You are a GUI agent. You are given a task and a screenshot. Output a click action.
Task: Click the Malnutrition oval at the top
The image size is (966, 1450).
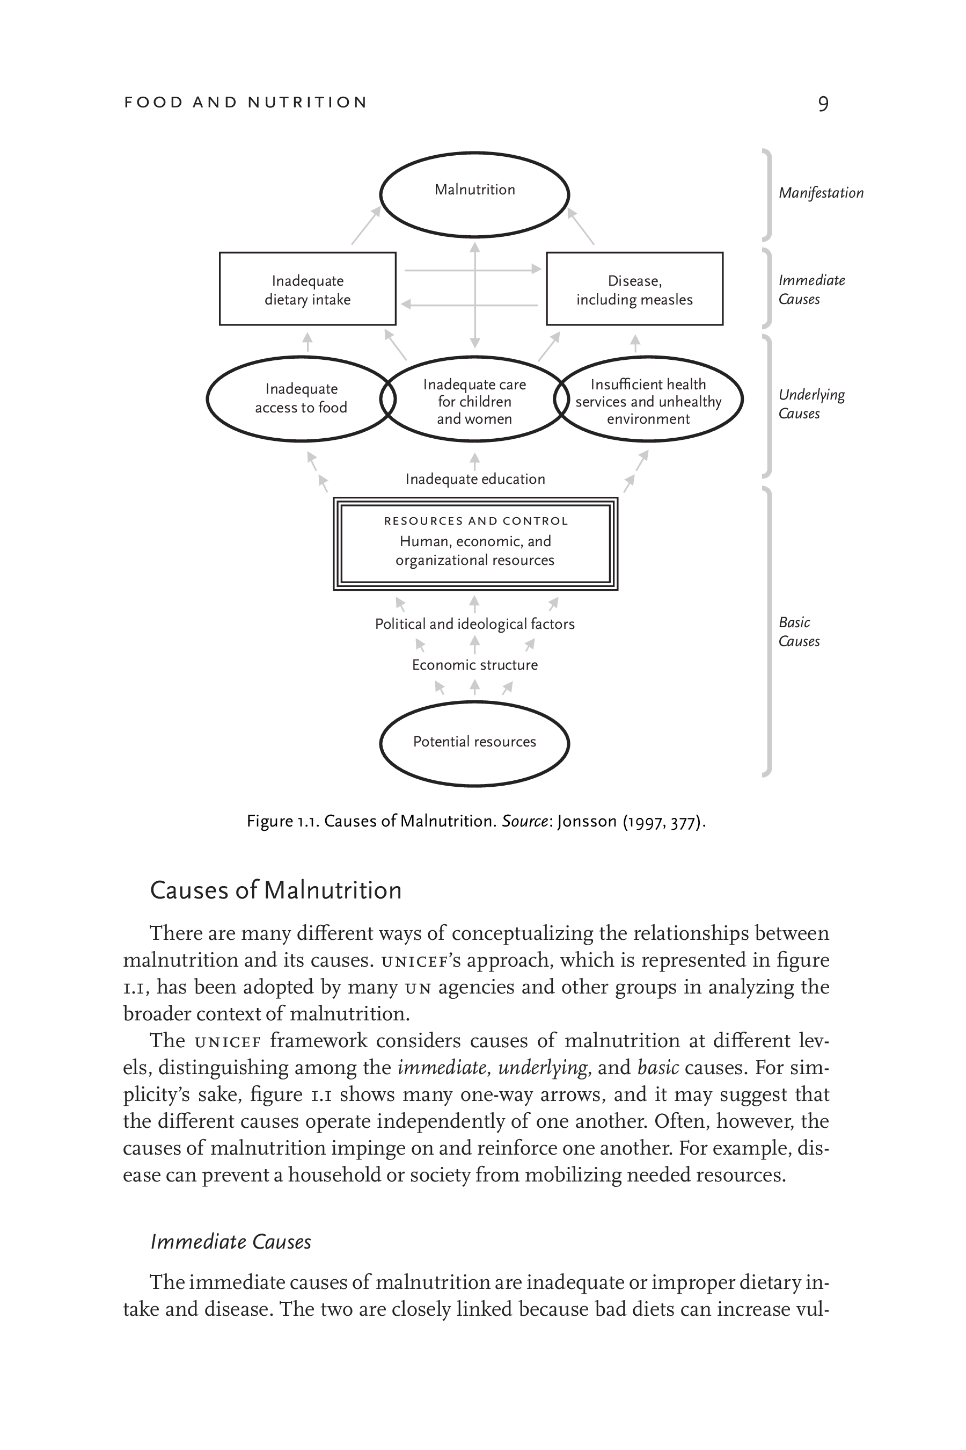tap(474, 194)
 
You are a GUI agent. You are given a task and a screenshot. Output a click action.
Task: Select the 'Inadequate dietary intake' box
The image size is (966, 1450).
tap(308, 289)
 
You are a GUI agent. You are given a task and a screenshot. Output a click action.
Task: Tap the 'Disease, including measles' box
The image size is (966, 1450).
tap(634, 289)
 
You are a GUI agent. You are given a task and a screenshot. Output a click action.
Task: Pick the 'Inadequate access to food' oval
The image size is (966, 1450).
tap(301, 398)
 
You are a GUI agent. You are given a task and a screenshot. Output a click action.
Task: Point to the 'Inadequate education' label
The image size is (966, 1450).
tap(475, 479)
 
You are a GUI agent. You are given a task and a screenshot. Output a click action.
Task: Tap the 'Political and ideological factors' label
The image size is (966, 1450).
tap(474, 624)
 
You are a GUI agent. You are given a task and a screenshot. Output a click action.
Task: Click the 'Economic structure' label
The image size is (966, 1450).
tap(474, 665)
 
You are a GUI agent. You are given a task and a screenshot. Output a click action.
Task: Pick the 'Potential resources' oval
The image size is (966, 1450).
tap(474, 742)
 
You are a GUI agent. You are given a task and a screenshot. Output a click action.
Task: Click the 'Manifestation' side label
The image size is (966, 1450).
tap(821, 193)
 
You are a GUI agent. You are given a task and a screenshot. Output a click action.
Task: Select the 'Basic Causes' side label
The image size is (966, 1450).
tap(799, 632)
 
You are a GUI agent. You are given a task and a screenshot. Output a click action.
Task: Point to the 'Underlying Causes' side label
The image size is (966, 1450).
tap(811, 404)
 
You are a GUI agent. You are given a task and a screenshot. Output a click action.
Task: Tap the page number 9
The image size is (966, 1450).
tap(823, 104)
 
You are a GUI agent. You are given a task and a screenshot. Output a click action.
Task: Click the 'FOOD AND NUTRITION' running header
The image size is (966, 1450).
tap(245, 103)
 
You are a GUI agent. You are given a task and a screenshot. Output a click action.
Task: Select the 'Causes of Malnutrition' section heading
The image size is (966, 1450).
tap(275, 890)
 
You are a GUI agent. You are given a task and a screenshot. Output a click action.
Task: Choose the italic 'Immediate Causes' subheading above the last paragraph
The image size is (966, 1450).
tap(231, 1241)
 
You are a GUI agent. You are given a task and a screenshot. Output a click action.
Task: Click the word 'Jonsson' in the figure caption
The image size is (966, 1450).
tap(587, 822)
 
